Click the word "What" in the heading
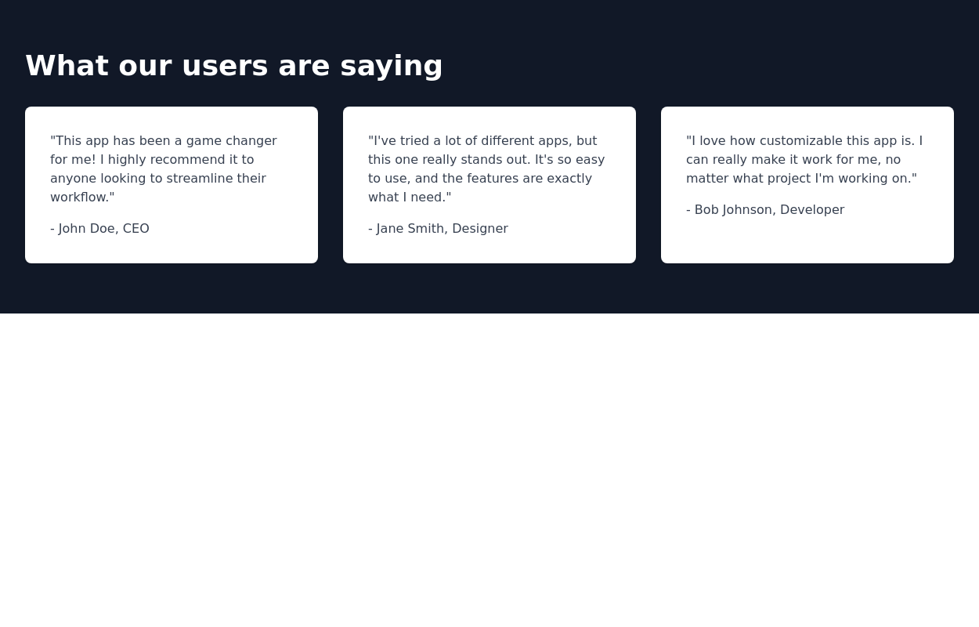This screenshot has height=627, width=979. pyautogui.click(x=67, y=66)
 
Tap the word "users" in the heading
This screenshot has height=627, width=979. pyautogui.click(x=225, y=66)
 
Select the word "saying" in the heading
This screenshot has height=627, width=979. pyautogui.click(x=391, y=66)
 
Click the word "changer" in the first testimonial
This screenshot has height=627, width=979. pyautogui.click(x=251, y=141)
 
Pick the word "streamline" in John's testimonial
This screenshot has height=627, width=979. pyautogui.click(x=200, y=179)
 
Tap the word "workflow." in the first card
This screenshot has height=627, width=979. pyautogui.click(x=82, y=198)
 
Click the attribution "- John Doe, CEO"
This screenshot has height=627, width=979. pyautogui.click(x=99, y=229)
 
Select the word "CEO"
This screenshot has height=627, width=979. pyautogui.click(x=135, y=229)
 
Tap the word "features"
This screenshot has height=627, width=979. pyautogui.click(x=493, y=179)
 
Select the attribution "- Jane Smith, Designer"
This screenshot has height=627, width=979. pyautogui.click(x=438, y=229)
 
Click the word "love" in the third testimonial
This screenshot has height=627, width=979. pyautogui.click(x=711, y=141)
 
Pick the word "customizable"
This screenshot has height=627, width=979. pyautogui.click(x=800, y=141)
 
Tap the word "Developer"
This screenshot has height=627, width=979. pyautogui.click(x=811, y=210)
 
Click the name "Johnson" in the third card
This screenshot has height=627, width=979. pyautogui.click(x=747, y=210)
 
